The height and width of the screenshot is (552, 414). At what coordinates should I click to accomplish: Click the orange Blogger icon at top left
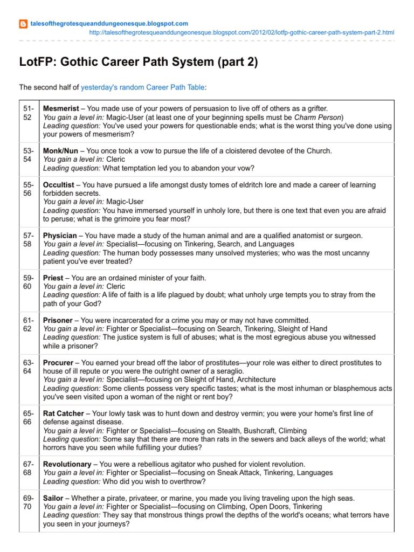[x=23, y=24]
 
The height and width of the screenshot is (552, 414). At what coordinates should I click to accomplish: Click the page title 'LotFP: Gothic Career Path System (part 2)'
[x=139, y=63]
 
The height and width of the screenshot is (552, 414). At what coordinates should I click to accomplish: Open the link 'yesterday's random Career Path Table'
[x=143, y=87]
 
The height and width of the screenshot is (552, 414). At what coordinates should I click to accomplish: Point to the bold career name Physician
[x=60, y=236]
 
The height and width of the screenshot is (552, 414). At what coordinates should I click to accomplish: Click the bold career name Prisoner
[x=59, y=320]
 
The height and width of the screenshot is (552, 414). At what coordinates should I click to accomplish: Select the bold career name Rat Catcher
[x=64, y=413]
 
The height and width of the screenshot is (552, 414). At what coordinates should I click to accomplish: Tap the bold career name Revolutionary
[x=67, y=464]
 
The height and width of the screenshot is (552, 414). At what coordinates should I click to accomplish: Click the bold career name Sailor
[x=53, y=498]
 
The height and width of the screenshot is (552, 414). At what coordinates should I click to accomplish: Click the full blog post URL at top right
[x=241, y=32]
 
